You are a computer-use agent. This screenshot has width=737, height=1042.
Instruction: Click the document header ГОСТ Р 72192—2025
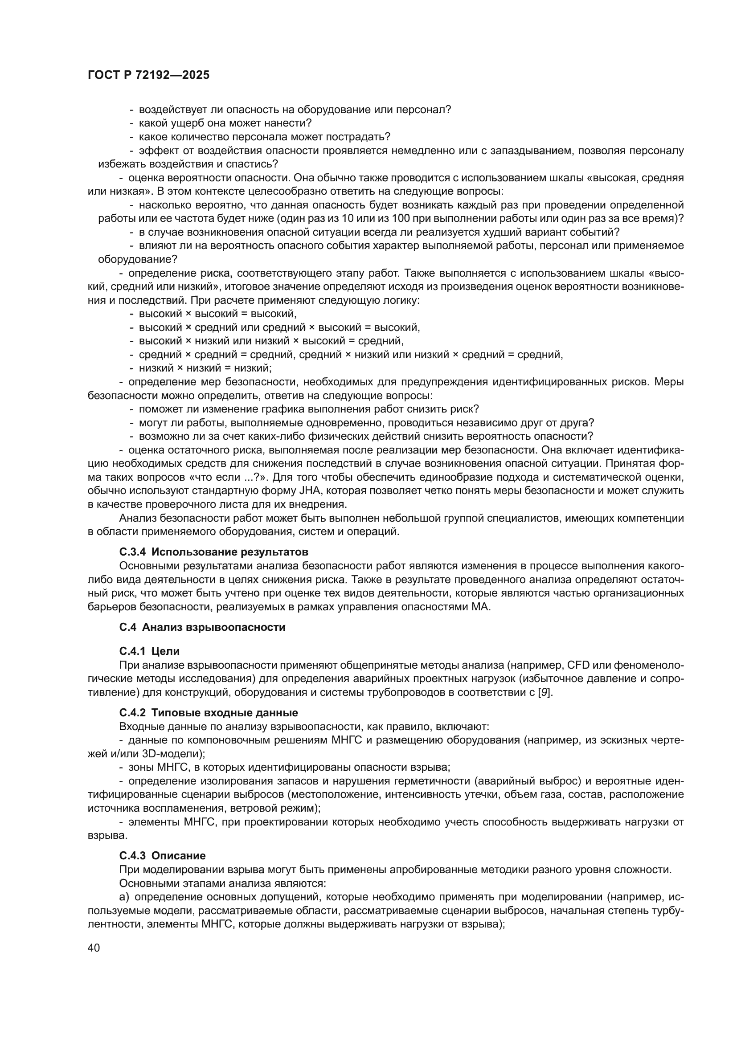click(148, 75)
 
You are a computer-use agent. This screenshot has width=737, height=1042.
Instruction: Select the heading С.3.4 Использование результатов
click(214, 552)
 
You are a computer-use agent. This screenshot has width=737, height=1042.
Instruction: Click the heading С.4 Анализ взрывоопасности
click(202, 627)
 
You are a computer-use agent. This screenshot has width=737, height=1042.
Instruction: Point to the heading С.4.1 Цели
click(149, 651)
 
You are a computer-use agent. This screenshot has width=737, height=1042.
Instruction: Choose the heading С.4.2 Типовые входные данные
click(208, 712)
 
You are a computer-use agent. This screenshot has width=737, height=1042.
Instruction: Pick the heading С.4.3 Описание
click(162, 856)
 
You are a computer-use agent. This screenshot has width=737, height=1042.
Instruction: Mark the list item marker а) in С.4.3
click(124, 897)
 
